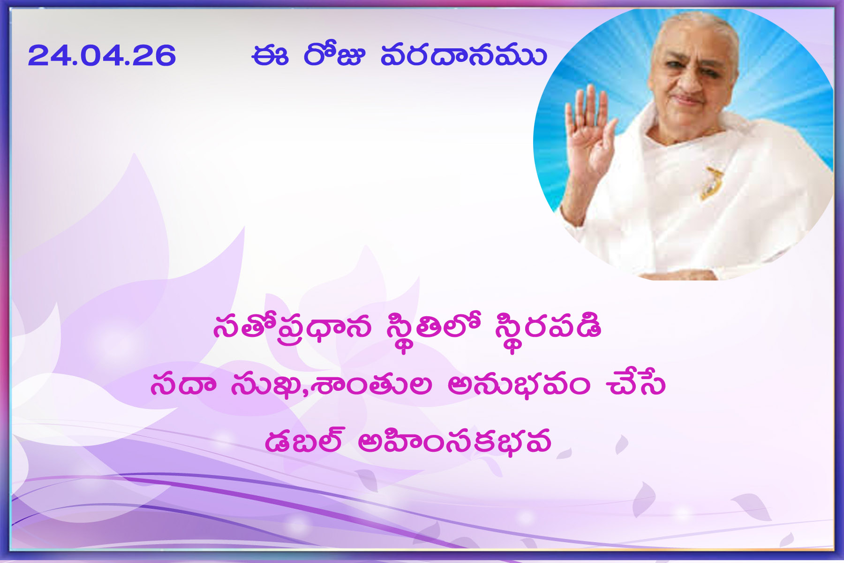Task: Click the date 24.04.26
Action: coord(102,55)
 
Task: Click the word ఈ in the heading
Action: coord(270,56)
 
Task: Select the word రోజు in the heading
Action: coord(334,55)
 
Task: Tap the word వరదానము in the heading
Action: coord(464,56)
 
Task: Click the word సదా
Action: coord(183,385)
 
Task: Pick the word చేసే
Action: coord(635,383)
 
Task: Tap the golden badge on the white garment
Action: coord(711,183)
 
